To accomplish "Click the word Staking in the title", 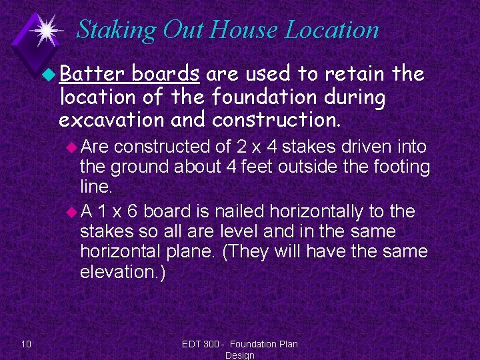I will click(x=115, y=30).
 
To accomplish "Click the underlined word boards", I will click(x=166, y=73).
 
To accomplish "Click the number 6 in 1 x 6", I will click(x=132, y=211).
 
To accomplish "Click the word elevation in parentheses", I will click(x=117, y=272).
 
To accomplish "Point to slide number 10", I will click(x=26, y=344).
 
